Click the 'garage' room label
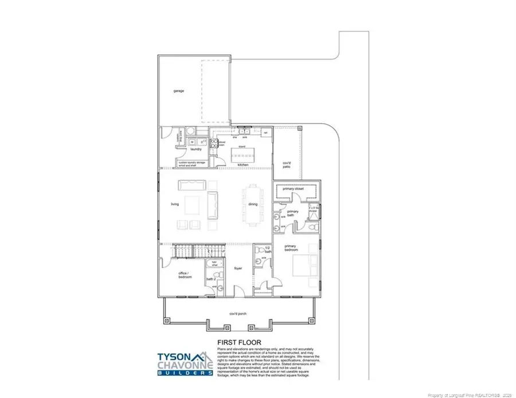tap(178, 91)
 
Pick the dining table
tap(253, 204)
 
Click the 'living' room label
tap(175, 204)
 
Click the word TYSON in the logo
tap(174, 355)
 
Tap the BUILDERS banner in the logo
tap(186, 373)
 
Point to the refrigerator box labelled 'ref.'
tap(265, 133)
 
